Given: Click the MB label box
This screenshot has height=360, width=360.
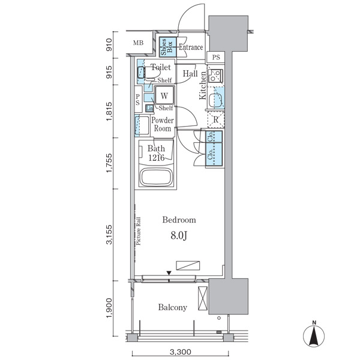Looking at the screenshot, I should pos(139,43).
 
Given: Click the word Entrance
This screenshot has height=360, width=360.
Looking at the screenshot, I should pos(191,47).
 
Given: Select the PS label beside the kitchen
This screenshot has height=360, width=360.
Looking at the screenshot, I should pos(215,58).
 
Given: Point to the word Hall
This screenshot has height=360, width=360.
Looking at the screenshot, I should pos(191,74).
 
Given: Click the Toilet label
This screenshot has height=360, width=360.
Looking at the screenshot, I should pos(161,68).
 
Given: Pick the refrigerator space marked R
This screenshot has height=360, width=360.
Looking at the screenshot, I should pos(215,119).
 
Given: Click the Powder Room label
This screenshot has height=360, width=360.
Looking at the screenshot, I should pos(163,124).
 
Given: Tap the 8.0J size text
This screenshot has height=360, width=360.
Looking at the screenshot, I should pos(179,235).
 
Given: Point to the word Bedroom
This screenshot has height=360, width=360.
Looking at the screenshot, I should pos(179,220).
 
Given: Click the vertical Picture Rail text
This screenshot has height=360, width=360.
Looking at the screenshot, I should pos(138,231).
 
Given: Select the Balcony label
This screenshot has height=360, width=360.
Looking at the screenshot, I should pos(173,307).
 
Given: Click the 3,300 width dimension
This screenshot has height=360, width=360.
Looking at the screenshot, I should pos(180,352).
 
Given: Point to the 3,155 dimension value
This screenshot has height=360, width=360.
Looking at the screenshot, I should pos(110,233).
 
